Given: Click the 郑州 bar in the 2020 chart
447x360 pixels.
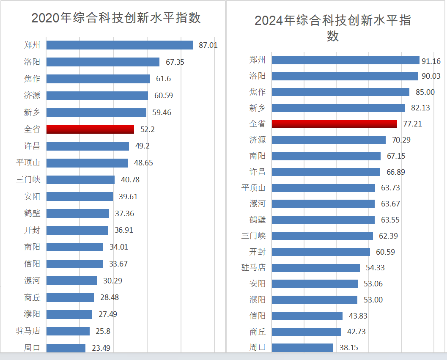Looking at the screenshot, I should pyautogui.click(x=119, y=45).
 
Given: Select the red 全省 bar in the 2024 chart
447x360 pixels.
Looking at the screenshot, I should pyautogui.click(x=334, y=124).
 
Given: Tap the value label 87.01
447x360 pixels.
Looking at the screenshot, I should pyautogui.click(x=208, y=45).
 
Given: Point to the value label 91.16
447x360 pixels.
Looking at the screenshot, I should pyautogui.click(x=431, y=61).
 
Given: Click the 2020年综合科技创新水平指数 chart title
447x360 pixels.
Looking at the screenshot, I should pyautogui.click(x=116, y=18).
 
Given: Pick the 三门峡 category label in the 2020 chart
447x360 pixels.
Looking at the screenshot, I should pyautogui.click(x=28, y=179).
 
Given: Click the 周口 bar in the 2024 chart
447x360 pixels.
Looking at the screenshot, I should pyautogui.click(x=302, y=347).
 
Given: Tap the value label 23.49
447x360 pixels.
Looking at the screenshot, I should pyautogui.click(x=101, y=348).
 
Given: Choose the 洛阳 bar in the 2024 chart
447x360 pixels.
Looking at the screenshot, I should pyautogui.click(x=344, y=76).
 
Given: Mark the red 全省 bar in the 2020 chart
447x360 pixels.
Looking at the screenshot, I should pyautogui.click(x=90, y=129).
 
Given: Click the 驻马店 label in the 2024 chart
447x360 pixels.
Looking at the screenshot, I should pyautogui.click(x=253, y=268).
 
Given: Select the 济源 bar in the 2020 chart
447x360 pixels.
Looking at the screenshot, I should pyautogui.click(x=97, y=96).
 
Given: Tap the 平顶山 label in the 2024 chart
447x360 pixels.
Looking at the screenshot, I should pyautogui.click(x=253, y=188).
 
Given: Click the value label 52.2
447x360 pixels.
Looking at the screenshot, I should pyautogui.click(x=147, y=129).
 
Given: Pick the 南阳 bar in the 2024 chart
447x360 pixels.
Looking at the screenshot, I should pyautogui.click(x=326, y=156).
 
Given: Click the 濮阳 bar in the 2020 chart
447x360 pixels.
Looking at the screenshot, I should pyautogui.click(x=69, y=314).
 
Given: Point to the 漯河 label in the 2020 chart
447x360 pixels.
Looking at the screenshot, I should pyautogui.click(x=32, y=280).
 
